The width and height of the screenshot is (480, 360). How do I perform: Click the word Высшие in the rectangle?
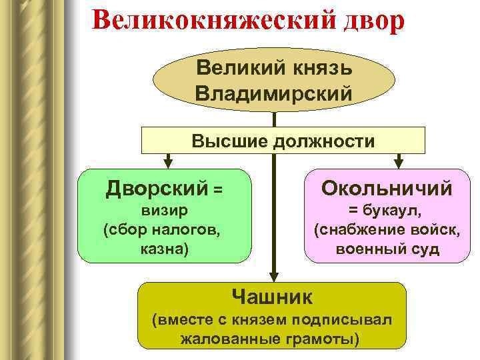pyautogui.click(x=224, y=141)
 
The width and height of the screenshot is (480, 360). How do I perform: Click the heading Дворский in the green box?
pyautogui.click(x=157, y=189)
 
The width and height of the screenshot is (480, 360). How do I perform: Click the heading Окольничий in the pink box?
pyautogui.click(x=387, y=189)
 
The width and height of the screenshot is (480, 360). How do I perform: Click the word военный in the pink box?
pyautogui.click(x=367, y=249)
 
